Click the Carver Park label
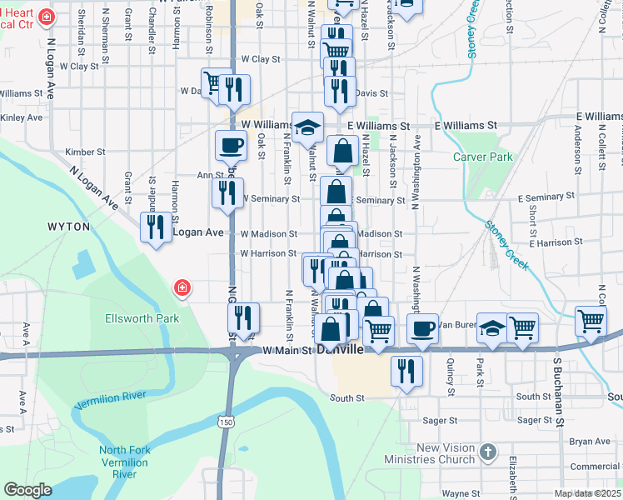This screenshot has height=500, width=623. [483, 157]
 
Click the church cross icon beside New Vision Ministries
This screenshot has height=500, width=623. [488, 453]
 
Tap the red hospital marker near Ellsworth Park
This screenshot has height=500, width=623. [181, 289]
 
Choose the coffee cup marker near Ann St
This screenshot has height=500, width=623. [231, 147]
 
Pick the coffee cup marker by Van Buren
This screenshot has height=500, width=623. [422, 327]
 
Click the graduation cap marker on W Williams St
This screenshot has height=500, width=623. [307, 127]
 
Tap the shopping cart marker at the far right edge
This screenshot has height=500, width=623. [591, 321]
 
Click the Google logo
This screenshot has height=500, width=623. [27, 489]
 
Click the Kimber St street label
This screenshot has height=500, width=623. [86, 152]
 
